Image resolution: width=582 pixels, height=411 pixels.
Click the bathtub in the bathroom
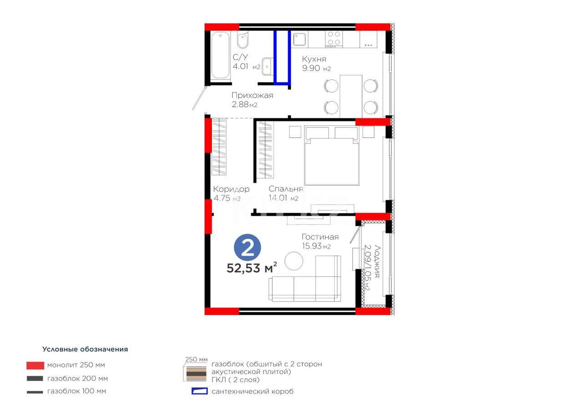[x=221, y=55]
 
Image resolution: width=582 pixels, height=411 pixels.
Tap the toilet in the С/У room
[x=243, y=41]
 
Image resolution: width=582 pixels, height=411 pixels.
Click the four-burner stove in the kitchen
[x=334, y=38]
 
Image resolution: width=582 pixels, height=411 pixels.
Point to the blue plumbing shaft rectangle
[x=282, y=57]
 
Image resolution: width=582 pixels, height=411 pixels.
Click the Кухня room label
[x=314, y=59]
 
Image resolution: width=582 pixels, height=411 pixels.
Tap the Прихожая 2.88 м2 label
[x=252, y=95]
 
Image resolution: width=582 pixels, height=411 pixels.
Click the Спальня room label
[x=286, y=189]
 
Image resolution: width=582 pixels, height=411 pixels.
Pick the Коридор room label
[x=231, y=189]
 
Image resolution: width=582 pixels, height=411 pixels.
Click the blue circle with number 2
[x=248, y=248]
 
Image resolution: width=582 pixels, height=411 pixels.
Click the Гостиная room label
[x=320, y=237]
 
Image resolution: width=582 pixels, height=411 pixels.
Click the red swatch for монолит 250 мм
[x=35, y=365]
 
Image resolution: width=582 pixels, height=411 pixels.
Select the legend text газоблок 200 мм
[x=77, y=378]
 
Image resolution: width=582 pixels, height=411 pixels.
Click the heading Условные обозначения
[x=85, y=349]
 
